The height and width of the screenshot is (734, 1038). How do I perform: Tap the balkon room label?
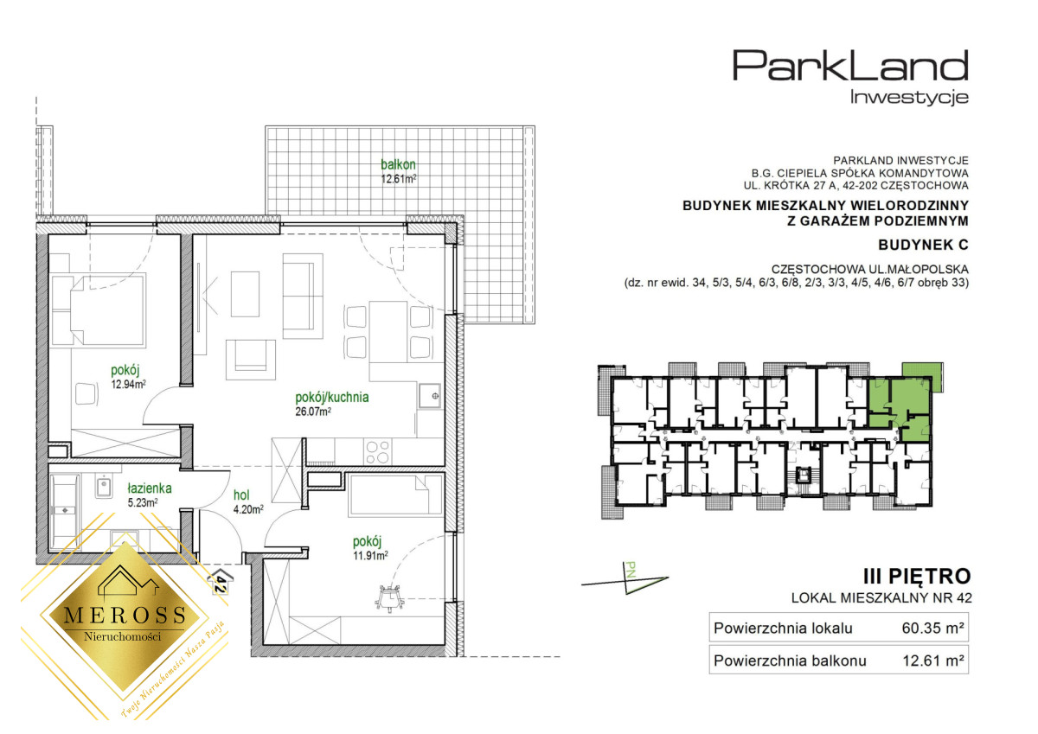pyautogui.click(x=398, y=164)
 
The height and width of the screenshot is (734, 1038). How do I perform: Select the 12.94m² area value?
pyautogui.click(x=129, y=384)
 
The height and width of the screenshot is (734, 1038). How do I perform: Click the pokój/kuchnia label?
pyautogui.click(x=332, y=398)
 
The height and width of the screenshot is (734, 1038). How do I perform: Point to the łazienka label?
pyautogui.click(x=150, y=488)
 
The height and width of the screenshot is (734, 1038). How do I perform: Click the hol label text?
pyautogui.click(x=242, y=495)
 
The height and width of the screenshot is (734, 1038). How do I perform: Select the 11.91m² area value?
pyautogui.click(x=370, y=555)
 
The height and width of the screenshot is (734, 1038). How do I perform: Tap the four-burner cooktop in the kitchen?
pyautogui.click(x=377, y=451)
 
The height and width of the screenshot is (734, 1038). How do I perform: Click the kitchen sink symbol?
pyautogui.click(x=430, y=396)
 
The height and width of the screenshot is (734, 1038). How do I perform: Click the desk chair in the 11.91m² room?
pyautogui.click(x=388, y=598)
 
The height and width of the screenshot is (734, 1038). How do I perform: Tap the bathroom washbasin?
pyautogui.click(x=103, y=488)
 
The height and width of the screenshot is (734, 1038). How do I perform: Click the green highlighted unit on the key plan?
pyautogui.click(x=900, y=407)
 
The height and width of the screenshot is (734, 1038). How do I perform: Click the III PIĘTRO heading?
pyautogui.click(x=917, y=577)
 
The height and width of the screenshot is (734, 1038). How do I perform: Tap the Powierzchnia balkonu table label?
pyautogui.click(x=790, y=661)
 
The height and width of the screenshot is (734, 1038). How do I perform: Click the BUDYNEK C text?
pyautogui.click(x=923, y=245)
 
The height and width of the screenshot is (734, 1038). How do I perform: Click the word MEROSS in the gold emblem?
pyautogui.click(x=125, y=615)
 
